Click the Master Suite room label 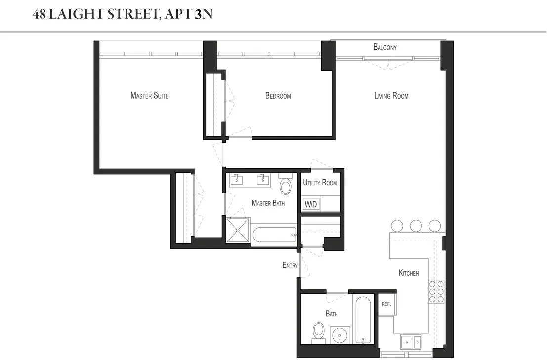tap(149, 95)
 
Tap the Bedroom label tap(278, 96)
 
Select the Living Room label tap(391, 96)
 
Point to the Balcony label tap(385, 47)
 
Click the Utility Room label tap(320, 183)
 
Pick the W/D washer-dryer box tap(310, 204)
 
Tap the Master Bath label tap(268, 203)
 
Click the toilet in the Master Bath tap(286, 185)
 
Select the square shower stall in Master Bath tap(238, 230)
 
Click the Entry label tap(290, 265)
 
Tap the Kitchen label tap(409, 273)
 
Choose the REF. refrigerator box tap(386, 304)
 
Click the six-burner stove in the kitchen tap(436, 291)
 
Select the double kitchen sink tap(410, 341)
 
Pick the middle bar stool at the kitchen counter tap(416, 226)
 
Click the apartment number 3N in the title tap(204, 14)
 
